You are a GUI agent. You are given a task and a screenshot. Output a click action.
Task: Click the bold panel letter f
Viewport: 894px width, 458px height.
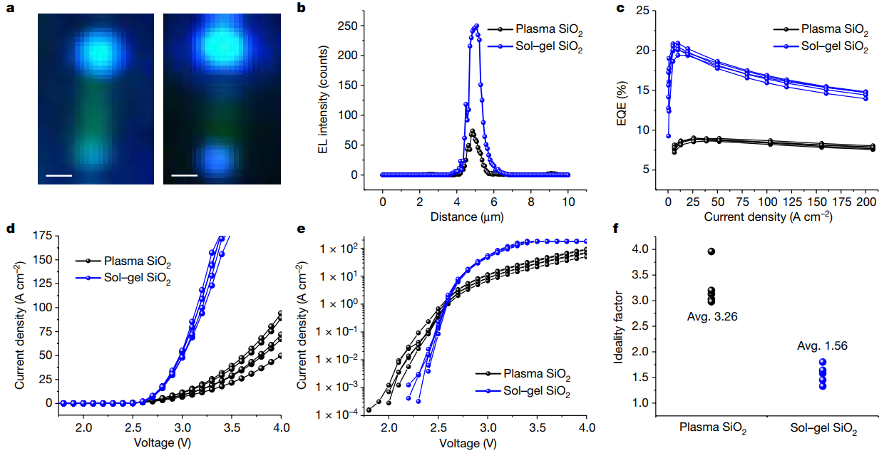pos(617,229)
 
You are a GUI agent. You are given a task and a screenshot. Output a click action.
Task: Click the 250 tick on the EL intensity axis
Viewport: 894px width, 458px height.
pos(350,26)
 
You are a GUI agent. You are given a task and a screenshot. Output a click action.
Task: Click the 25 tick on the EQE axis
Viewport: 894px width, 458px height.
pos(646,11)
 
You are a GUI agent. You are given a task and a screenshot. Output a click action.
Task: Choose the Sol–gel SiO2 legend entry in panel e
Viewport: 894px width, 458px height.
pos(535,390)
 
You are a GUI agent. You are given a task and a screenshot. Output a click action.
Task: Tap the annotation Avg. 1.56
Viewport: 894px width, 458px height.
pos(821,346)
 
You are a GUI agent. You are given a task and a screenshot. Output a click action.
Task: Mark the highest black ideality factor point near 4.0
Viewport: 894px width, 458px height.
pos(711,251)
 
